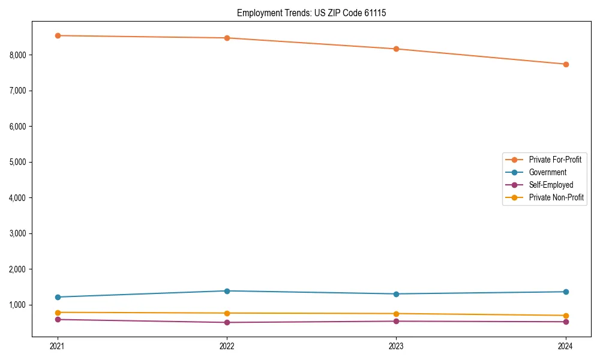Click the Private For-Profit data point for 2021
click(58, 35)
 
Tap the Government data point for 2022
click(227, 291)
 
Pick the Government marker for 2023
click(396, 294)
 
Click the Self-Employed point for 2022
click(227, 322)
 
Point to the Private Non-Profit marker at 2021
click(58, 313)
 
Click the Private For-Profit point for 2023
click(396, 49)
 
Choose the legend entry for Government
click(547, 172)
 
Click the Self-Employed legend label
click(551, 185)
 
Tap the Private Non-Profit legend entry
click(556, 197)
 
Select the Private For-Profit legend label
click(555, 160)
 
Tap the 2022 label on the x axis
click(227, 346)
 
